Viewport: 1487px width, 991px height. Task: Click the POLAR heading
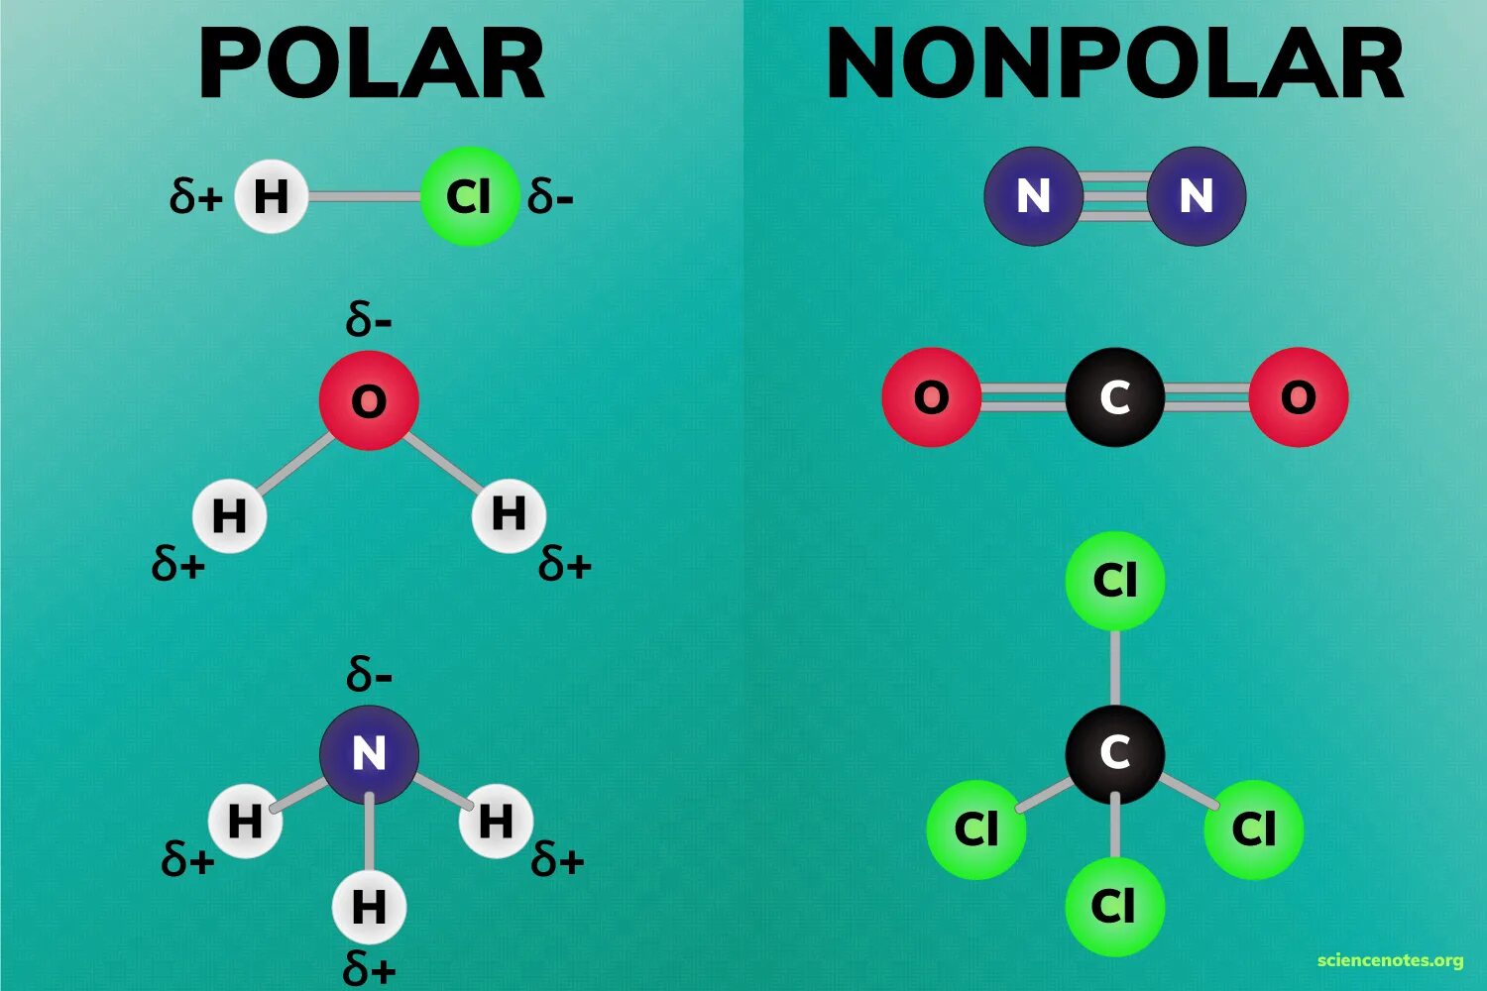pyautogui.click(x=371, y=64)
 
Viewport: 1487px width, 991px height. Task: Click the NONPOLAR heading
pyautogui.click(x=1114, y=64)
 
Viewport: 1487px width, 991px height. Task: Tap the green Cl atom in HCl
pyautogui.click(x=469, y=196)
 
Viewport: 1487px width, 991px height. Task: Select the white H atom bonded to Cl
pyautogui.click(x=271, y=196)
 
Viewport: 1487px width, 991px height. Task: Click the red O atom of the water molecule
pyautogui.click(x=369, y=400)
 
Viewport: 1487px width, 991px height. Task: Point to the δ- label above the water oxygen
pyautogui.click(x=369, y=320)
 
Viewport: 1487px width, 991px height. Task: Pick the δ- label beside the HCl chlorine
pyautogui.click(x=550, y=196)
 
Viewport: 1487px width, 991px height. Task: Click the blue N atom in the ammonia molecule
pyautogui.click(x=369, y=754)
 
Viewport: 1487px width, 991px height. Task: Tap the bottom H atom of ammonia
pyautogui.click(x=369, y=906)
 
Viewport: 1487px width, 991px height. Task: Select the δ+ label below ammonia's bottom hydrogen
pyautogui.click(x=369, y=967)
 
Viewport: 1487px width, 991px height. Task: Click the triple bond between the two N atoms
pyautogui.click(x=1114, y=195)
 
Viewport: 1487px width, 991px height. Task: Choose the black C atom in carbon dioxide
pyautogui.click(x=1114, y=397)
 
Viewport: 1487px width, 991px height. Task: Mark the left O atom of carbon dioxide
pyautogui.click(x=931, y=397)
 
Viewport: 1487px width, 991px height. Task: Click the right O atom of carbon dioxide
pyautogui.click(x=1298, y=397)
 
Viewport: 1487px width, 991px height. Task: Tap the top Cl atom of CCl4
pyautogui.click(x=1114, y=581)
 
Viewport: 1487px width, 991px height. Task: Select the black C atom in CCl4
pyautogui.click(x=1114, y=753)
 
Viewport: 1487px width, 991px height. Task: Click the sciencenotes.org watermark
pyautogui.click(x=1390, y=960)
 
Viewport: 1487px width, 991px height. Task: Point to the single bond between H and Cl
pyautogui.click(x=364, y=196)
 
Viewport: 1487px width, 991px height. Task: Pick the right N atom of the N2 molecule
pyautogui.click(x=1196, y=195)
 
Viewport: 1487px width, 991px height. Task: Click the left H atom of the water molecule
pyautogui.click(x=229, y=515)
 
